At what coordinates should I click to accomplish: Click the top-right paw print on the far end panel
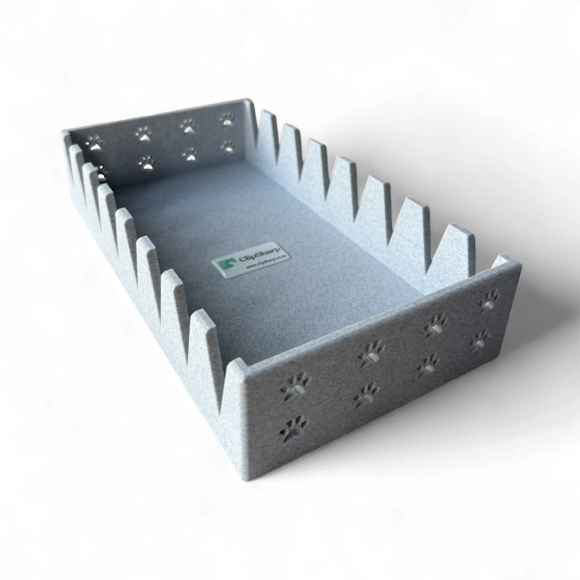pyautogui.click(x=226, y=120)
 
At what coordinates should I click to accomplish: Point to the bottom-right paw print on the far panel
pyautogui.click(x=228, y=145)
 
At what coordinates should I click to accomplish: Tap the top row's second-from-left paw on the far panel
pyautogui.click(x=143, y=132)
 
